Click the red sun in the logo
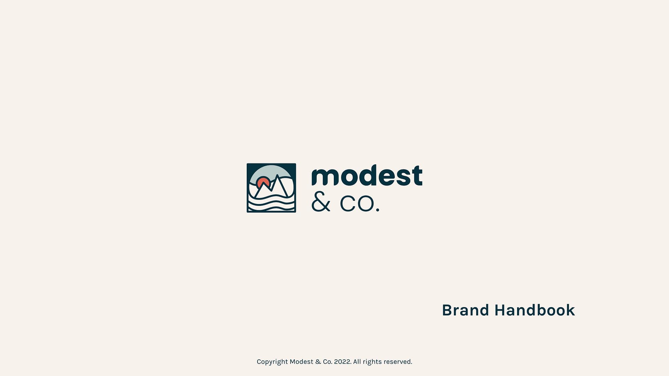pyautogui.click(x=263, y=182)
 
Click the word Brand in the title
pyautogui.click(x=466, y=310)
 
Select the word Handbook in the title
pyautogui.click(x=535, y=310)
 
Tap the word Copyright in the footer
pyautogui.click(x=272, y=362)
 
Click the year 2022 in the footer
pyautogui.click(x=342, y=362)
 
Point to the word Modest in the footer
pyautogui.click(x=301, y=362)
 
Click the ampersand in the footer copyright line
pyautogui.click(x=318, y=362)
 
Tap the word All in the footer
pyautogui.click(x=357, y=362)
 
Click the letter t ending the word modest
pyautogui.click(x=417, y=175)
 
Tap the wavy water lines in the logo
pyautogui.click(x=271, y=203)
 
